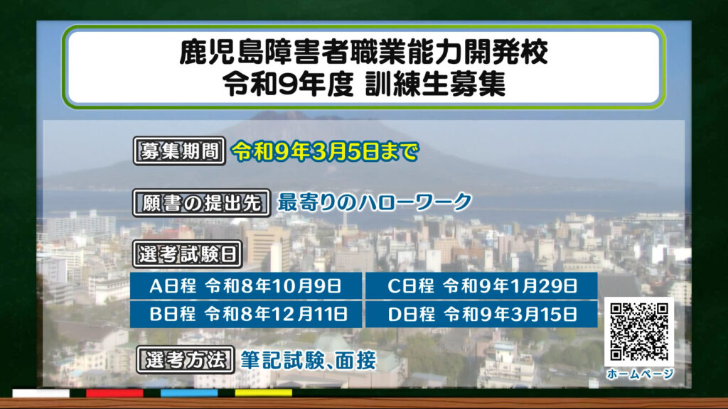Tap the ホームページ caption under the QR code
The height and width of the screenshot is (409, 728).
point(639,373)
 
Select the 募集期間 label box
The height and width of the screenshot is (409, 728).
point(179,151)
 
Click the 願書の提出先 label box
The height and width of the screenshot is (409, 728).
point(201,203)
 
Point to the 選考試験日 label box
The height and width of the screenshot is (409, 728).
point(188,254)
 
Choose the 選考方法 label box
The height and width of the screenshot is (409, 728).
point(186,360)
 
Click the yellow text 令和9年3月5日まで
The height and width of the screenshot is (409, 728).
point(325,152)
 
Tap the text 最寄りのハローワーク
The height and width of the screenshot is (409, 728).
point(374,202)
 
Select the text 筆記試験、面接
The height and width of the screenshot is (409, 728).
point(308,360)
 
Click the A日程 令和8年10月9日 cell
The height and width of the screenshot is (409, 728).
point(245,285)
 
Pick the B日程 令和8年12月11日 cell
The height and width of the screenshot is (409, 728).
point(245,315)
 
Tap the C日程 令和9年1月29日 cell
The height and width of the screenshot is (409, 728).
point(481,285)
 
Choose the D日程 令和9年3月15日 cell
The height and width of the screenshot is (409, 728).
point(481,315)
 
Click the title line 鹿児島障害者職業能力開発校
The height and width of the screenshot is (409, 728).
point(364,52)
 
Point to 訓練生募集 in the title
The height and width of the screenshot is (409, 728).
point(435,84)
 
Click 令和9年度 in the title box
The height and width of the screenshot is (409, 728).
point(289,84)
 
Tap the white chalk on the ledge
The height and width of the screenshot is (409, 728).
point(41,393)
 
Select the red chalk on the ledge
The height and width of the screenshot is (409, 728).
point(114,393)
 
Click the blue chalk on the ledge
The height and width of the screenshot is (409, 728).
point(189,393)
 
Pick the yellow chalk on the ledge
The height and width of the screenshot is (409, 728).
point(263,393)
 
